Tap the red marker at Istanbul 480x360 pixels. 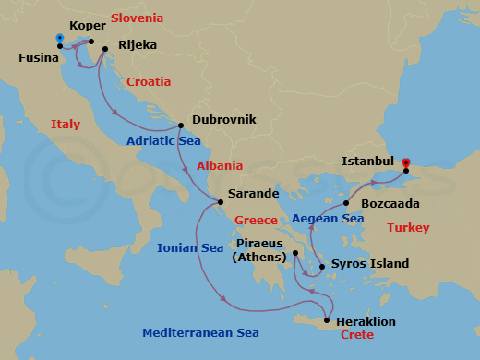coord(406,164)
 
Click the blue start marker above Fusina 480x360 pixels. coord(60,39)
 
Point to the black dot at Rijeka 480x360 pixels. coord(104,49)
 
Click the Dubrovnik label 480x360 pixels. coord(223,119)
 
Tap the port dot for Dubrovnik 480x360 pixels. coord(182,125)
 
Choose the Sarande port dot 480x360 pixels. coord(219,202)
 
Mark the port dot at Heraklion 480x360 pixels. coord(326,321)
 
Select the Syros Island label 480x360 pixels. coord(369,264)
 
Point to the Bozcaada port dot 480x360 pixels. coord(346,203)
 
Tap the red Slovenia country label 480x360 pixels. coord(137,18)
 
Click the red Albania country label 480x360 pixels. coord(220,166)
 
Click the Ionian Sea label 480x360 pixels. coord(190,247)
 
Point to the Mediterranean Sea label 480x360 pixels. coord(200,332)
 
